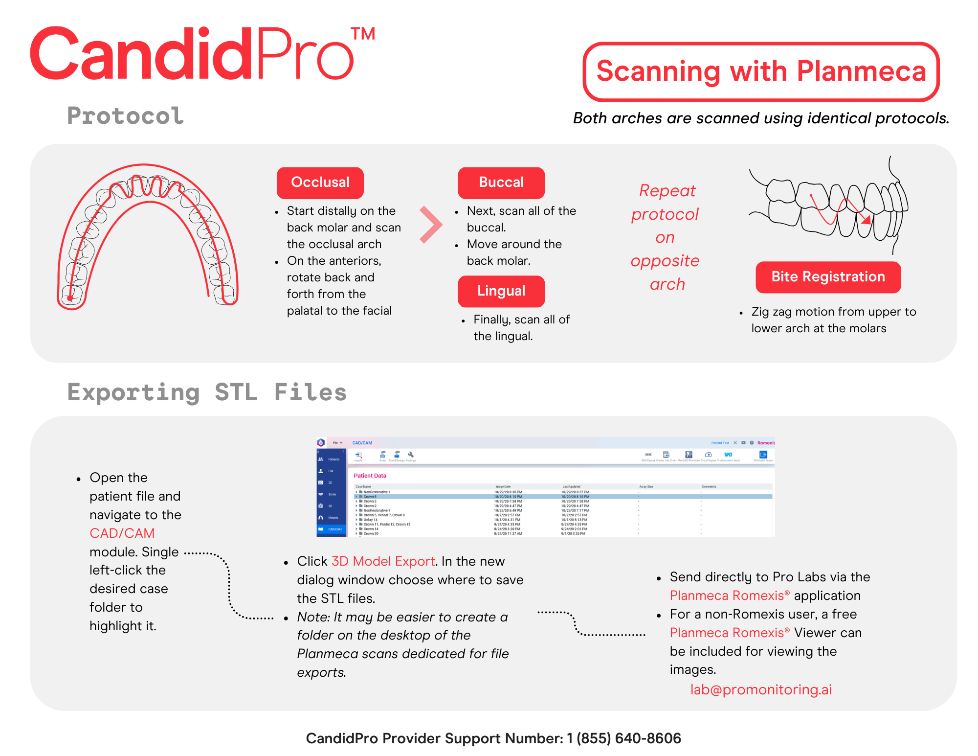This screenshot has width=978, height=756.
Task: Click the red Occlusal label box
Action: coord(320,183)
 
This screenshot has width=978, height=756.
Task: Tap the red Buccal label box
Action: coord(501,183)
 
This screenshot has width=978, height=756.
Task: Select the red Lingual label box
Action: coord(501,291)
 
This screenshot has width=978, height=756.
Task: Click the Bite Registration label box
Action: coord(827,277)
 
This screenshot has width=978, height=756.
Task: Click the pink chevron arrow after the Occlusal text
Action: coord(431,225)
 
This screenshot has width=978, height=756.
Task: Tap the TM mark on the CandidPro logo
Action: coord(363,34)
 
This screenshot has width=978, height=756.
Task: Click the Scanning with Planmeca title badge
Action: coord(761,71)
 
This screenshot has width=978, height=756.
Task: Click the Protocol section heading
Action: coord(125,116)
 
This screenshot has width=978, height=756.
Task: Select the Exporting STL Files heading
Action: coord(207,392)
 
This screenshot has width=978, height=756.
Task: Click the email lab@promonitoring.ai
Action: coord(760,689)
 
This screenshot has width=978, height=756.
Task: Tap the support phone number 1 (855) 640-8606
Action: coord(623,738)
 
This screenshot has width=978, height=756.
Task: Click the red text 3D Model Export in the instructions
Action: coord(383,561)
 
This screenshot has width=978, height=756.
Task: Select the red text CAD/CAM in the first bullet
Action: coord(122,533)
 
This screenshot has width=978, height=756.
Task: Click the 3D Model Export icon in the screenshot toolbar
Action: coord(763,456)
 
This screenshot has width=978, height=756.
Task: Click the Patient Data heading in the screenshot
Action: coord(370,476)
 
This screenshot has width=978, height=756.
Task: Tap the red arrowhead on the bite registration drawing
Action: coord(866,220)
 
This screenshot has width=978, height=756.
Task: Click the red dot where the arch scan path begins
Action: coord(70,298)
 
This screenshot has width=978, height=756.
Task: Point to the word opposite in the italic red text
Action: coord(665,261)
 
